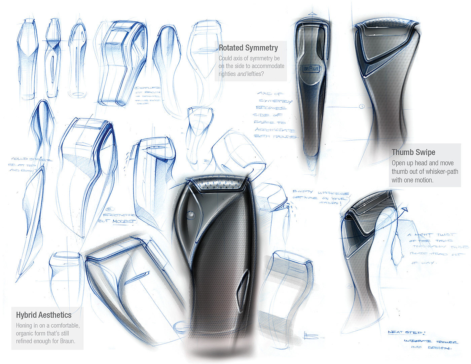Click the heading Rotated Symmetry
pyautogui.click(x=248, y=48)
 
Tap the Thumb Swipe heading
pyautogui.click(x=413, y=152)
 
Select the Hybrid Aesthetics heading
pyautogui.click(x=44, y=315)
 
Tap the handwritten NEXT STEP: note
pyautogui.click(x=406, y=332)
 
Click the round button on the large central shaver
pyautogui.click(x=191, y=214)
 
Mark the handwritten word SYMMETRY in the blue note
pyautogui.click(x=275, y=101)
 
